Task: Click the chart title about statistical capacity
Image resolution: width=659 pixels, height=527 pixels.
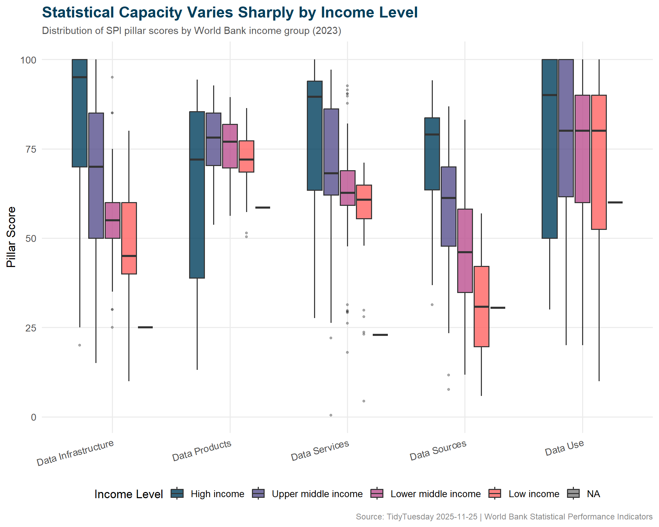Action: [230, 13]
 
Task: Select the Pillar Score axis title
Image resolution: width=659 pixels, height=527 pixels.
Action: [11, 237]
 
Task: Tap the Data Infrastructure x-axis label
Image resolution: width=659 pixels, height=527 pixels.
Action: [75, 453]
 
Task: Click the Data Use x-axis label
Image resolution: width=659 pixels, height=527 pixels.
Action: [564, 448]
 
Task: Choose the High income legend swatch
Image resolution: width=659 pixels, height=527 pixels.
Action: [177, 493]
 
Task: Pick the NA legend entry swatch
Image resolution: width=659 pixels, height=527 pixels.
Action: [573, 493]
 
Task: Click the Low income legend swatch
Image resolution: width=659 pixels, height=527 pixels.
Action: [495, 493]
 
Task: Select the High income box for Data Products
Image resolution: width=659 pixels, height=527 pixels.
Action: [197, 195]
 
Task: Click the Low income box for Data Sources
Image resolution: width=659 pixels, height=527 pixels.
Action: [481, 306]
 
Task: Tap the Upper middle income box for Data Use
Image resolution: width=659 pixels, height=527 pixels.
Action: [566, 128]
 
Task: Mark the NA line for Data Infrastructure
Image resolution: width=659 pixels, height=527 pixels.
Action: [145, 327]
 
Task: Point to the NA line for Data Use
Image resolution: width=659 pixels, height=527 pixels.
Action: [615, 202]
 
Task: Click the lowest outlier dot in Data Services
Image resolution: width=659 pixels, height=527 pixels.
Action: [331, 415]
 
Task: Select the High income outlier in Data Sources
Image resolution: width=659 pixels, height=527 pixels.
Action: [432, 305]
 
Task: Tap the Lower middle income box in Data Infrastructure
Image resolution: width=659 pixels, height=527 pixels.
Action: [112, 220]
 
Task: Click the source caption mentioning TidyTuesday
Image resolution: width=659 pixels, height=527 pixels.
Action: [504, 517]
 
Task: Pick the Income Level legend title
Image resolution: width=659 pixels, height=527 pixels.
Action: [128, 494]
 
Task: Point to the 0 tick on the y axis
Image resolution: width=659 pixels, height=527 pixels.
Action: [33, 417]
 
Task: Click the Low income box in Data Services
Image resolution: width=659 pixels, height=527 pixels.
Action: [364, 202]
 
